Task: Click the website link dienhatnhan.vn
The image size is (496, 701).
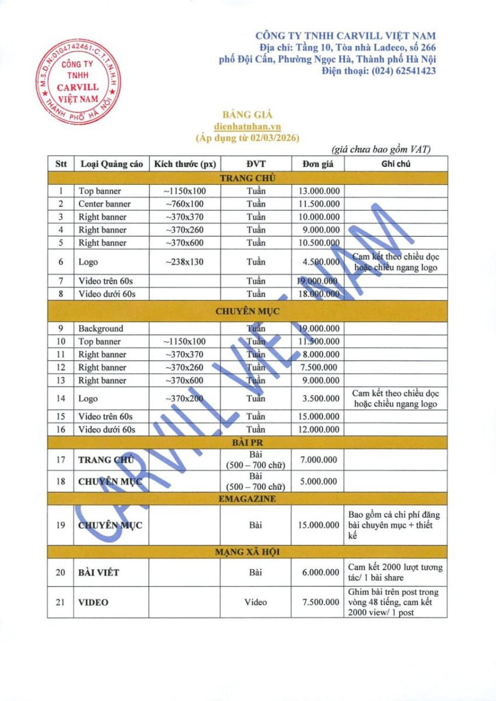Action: [x=247, y=126]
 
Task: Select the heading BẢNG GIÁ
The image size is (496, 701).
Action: [x=247, y=115]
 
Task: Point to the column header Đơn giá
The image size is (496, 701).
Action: [x=318, y=164]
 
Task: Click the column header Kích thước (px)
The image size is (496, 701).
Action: [x=184, y=164]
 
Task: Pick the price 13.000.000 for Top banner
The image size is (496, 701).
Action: [x=319, y=191]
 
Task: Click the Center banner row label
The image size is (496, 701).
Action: [x=104, y=204]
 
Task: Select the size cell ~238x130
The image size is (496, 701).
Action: [x=184, y=262]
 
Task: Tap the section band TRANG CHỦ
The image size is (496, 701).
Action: [x=247, y=178]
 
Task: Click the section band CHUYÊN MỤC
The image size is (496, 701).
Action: [x=247, y=311]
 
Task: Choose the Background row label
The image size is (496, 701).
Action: [x=101, y=329]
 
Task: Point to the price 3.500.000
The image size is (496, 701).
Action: [x=319, y=398]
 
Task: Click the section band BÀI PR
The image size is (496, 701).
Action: [x=247, y=442]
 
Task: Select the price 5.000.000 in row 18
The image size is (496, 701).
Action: [x=319, y=482]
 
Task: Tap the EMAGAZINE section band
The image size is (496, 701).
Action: [x=247, y=499]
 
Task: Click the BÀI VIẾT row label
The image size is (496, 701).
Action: [x=99, y=572]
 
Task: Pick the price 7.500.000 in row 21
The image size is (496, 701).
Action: [x=319, y=602]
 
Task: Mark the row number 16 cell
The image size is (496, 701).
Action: [x=61, y=429]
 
